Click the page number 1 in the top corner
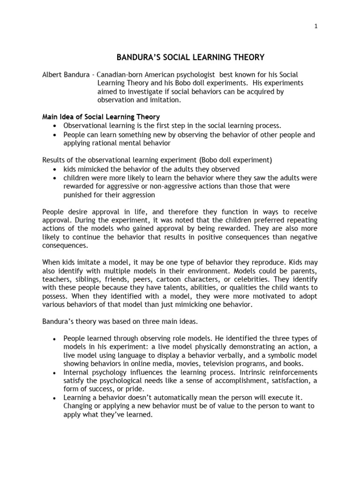click(x=316, y=26)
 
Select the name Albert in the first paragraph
click(x=52, y=75)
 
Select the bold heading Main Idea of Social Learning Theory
click(x=101, y=117)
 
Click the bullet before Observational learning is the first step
click(x=55, y=126)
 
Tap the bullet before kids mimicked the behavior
click(x=55, y=169)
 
